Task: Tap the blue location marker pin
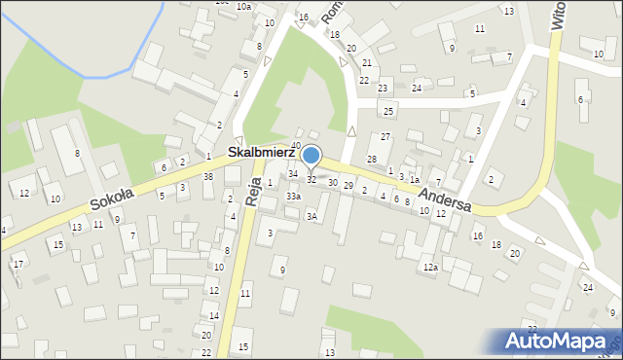(311, 156)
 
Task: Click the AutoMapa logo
(559, 341)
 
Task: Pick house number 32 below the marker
(311, 180)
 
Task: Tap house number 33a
(293, 197)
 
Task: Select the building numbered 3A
(311, 216)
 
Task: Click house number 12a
(430, 267)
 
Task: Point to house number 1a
(414, 180)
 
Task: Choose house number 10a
(243, 7)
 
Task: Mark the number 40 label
(295, 146)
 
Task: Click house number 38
(208, 176)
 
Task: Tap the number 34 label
(293, 173)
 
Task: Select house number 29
(348, 186)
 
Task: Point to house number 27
(385, 136)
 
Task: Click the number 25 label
(388, 112)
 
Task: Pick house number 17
(18, 265)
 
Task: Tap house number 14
(214, 316)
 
